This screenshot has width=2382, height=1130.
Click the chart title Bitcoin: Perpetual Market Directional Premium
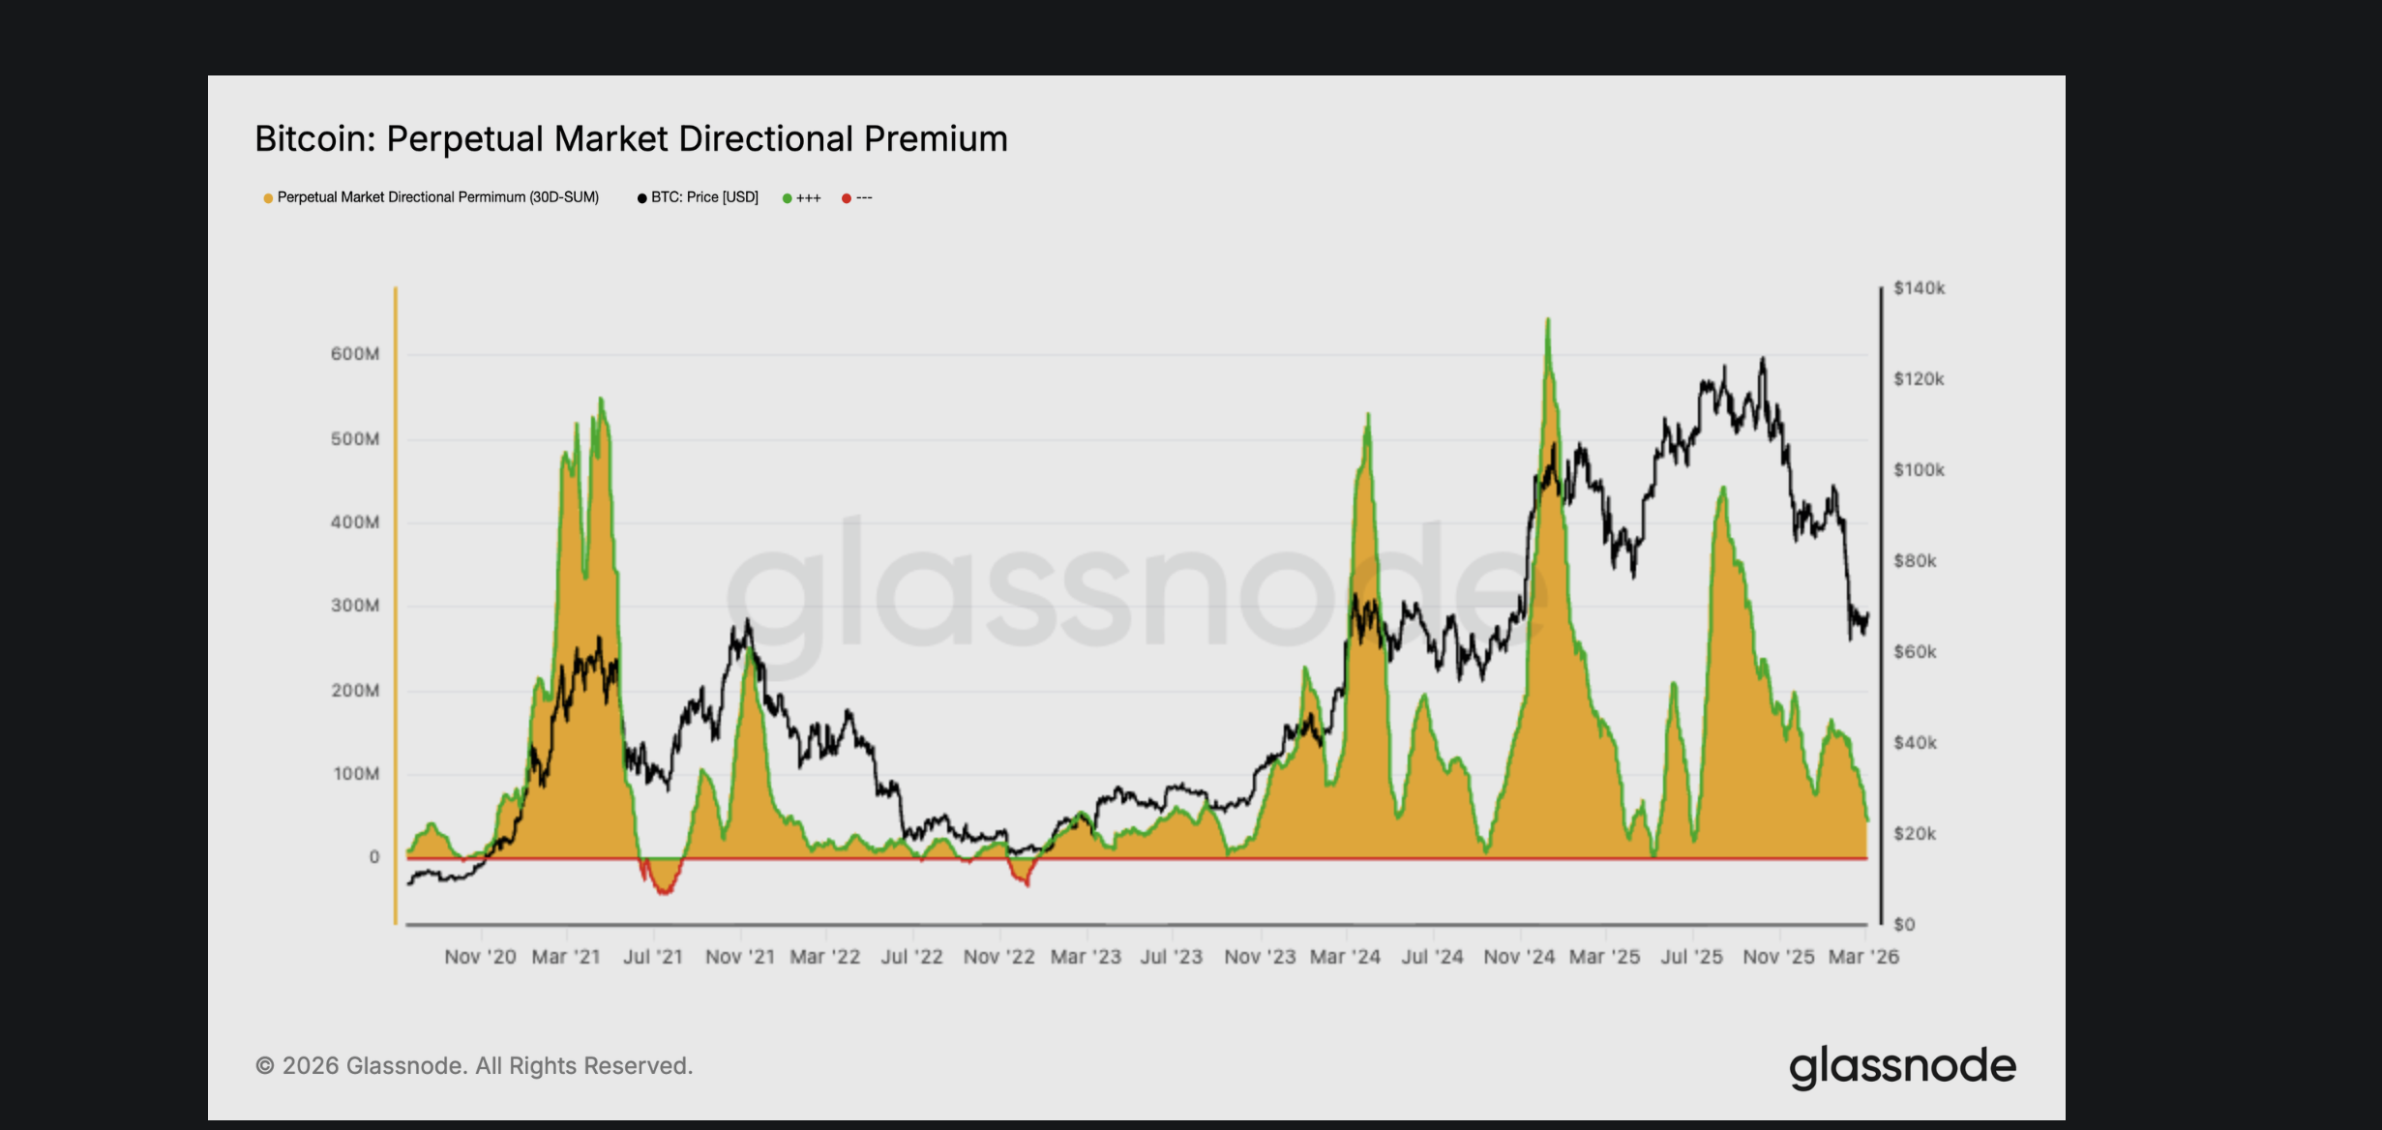[x=631, y=139]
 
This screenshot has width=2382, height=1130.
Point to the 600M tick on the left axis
[x=355, y=354]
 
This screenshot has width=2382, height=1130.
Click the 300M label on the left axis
[x=355, y=606]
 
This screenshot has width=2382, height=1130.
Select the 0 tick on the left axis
[x=374, y=857]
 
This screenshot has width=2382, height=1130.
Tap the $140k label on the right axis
[x=1919, y=288]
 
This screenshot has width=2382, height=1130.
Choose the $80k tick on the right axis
[x=1915, y=561]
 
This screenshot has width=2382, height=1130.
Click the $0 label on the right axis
[x=1904, y=925]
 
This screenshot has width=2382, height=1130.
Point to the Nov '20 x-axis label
[x=480, y=957]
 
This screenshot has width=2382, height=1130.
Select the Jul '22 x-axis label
[x=911, y=957]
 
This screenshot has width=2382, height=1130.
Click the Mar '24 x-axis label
[x=1345, y=957]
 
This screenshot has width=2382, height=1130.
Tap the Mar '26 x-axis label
[x=1863, y=957]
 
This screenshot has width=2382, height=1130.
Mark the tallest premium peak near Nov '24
[x=1548, y=321]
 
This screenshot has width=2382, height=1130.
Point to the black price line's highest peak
[x=1763, y=360]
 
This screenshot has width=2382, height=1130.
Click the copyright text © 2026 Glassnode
[x=474, y=1065]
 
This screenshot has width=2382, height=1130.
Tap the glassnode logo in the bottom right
[x=1902, y=1065]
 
